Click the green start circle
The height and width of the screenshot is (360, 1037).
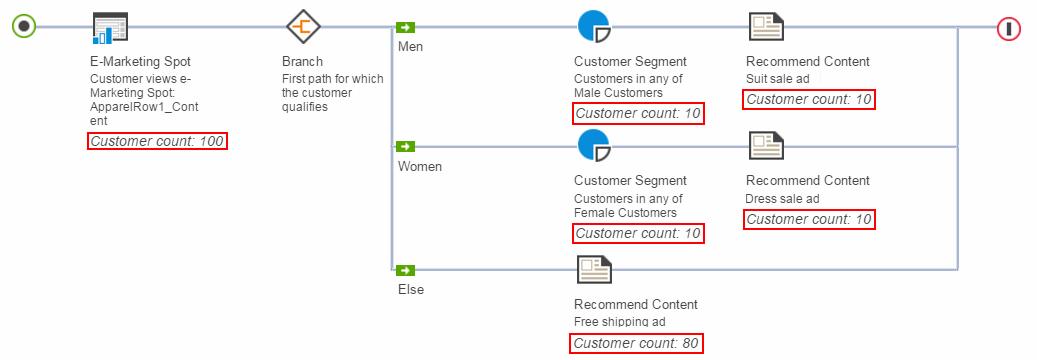(x=25, y=27)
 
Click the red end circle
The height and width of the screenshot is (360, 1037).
(x=1009, y=28)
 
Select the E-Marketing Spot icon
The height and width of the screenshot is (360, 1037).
(x=110, y=28)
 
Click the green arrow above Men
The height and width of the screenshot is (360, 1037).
(x=405, y=28)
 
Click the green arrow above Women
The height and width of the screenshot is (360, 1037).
(x=405, y=147)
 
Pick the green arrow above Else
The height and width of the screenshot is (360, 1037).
(x=405, y=269)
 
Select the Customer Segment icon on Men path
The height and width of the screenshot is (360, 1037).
(x=594, y=27)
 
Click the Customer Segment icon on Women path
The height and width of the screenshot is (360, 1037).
(x=594, y=147)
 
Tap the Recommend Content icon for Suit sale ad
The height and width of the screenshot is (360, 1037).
(x=766, y=27)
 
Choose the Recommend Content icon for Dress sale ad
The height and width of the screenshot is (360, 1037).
(x=766, y=147)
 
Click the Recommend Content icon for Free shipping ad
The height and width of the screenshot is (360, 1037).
(x=594, y=269)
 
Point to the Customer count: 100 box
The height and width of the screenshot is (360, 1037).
(x=157, y=142)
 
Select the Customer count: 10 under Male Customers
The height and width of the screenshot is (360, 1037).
(x=638, y=113)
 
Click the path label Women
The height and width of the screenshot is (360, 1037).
(x=420, y=167)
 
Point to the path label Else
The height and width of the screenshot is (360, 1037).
(x=411, y=290)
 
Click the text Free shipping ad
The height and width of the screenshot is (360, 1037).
(x=619, y=322)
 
